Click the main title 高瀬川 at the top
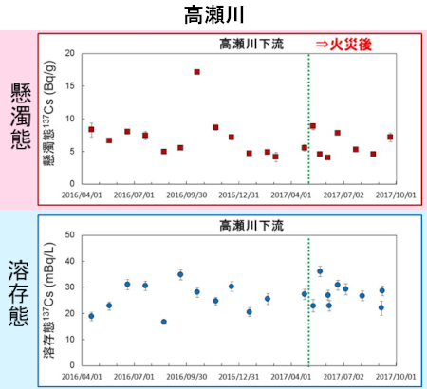pos(213,14)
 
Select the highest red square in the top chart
pos(196,72)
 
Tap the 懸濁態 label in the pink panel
pos(18,116)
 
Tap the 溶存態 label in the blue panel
pos(18,295)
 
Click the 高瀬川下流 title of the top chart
pos(251,44)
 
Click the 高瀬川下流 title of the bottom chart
pos(251,225)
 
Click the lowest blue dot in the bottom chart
pos(163,322)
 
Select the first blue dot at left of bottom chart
pos(91,316)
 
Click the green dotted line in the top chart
pos(309,114)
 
